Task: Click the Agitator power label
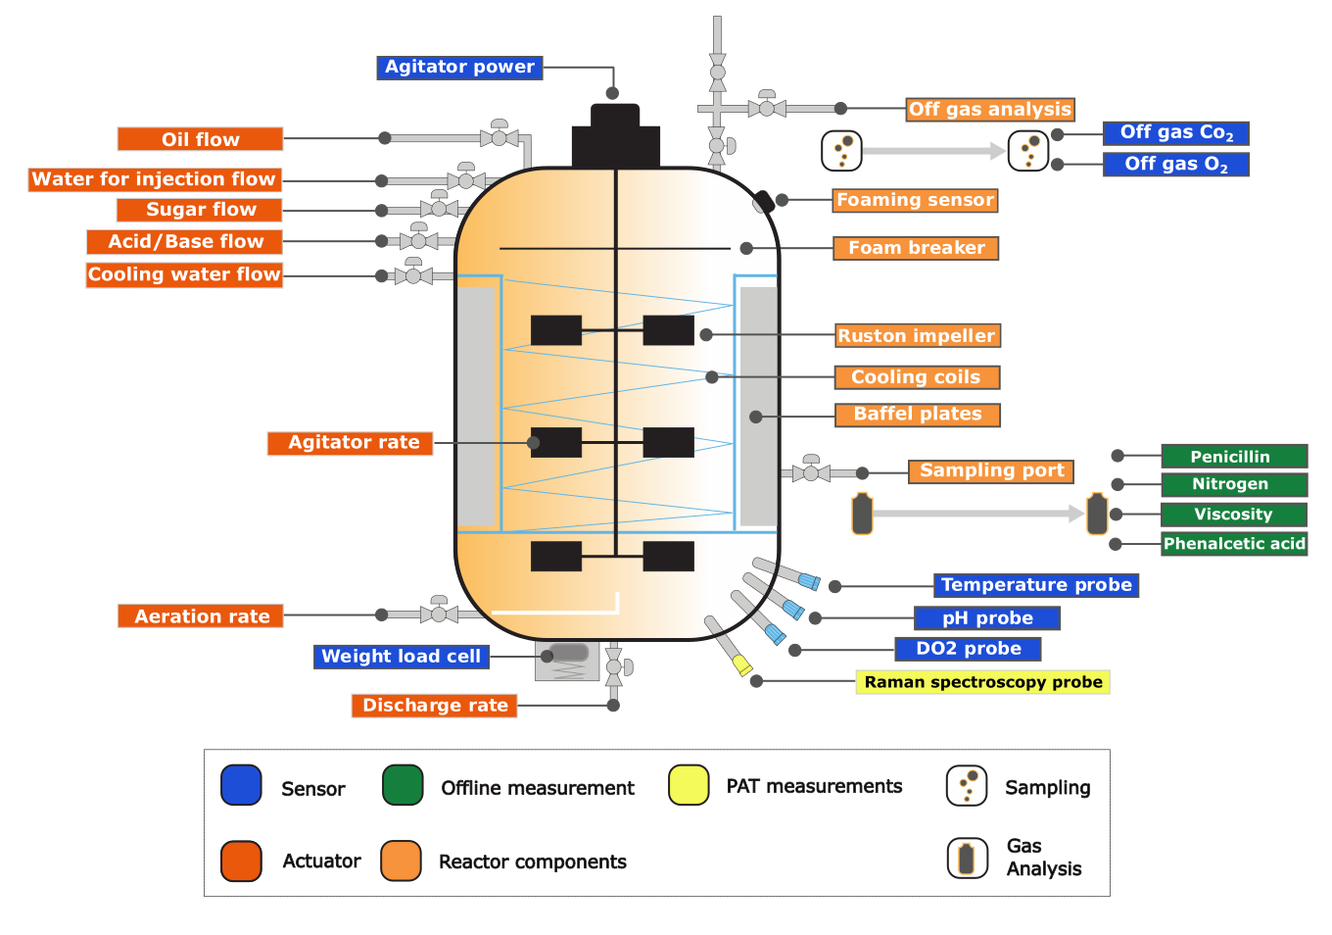[459, 67]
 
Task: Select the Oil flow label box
[200, 139]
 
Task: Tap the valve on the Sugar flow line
[439, 209]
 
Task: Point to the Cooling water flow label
[184, 274]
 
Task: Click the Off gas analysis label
[990, 109]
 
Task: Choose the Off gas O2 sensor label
[1175, 164]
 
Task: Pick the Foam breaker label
[916, 248]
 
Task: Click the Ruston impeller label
[917, 335]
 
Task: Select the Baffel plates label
[918, 415]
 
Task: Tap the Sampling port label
[991, 470]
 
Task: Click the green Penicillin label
[1233, 456]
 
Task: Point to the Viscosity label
[1233, 514]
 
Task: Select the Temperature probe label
[1035, 585]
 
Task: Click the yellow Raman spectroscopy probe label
[982, 682]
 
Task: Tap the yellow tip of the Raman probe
[742, 665]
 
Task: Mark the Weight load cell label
[401, 657]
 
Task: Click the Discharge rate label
[434, 705]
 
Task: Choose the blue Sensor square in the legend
[241, 785]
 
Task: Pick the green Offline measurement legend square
[403, 785]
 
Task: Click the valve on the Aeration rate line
[439, 614]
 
